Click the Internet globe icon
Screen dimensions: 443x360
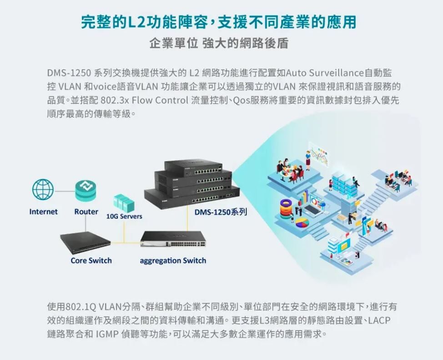(43, 189)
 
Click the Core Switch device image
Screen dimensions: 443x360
(86, 242)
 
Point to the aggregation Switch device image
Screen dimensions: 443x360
(173, 239)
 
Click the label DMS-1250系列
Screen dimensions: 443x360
(221, 213)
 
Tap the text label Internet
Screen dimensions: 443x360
(44, 212)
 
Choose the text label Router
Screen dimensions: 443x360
(86, 212)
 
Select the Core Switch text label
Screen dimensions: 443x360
(91, 260)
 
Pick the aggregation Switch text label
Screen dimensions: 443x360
(173, 260)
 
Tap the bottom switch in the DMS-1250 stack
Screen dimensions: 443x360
(191, 196)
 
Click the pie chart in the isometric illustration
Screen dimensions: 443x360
(302, 223)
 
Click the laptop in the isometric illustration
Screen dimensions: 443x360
(313, 210)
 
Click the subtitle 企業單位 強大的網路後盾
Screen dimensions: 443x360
(219, 44)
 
